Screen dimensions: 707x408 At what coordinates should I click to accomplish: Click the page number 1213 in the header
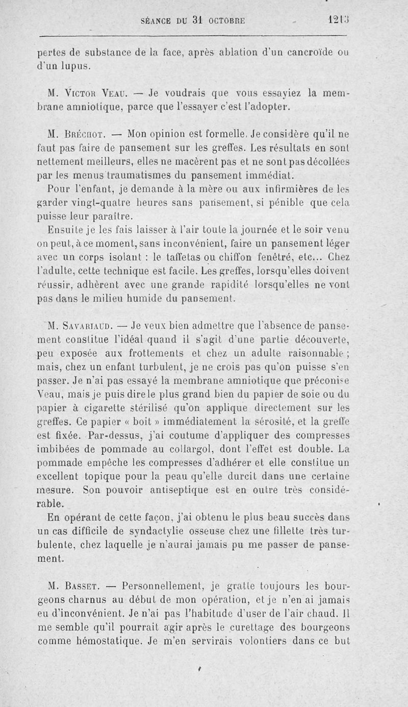pos(337,21)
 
